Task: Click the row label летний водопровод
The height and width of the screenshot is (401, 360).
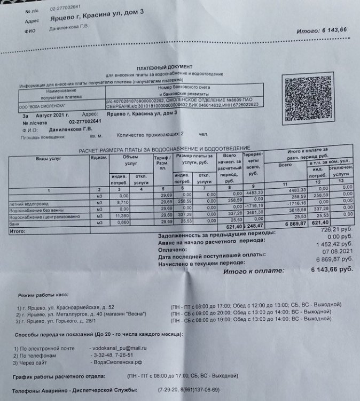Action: pos(26,204)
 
